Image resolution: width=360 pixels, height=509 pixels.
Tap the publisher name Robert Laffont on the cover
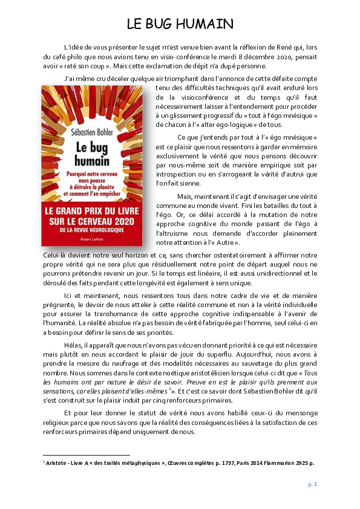point(91,238)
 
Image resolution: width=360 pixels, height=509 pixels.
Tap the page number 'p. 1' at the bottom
point(313,484)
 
